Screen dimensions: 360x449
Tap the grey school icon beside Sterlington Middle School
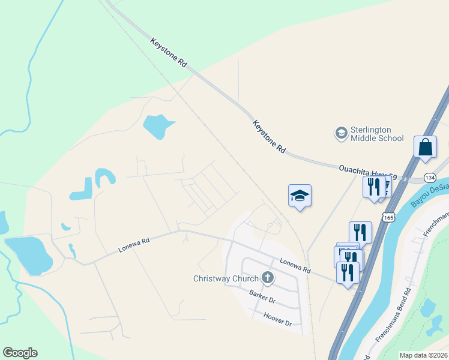coord(342,133)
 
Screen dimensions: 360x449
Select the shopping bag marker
coord(425,147)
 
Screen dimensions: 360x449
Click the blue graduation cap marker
coord(300,196)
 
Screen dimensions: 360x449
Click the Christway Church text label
coord(226,278)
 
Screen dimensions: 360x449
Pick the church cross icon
coord(268,278)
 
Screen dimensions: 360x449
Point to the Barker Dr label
coord(262,296)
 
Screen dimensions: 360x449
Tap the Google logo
coord(20,353)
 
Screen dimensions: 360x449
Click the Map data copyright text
coord(423,355)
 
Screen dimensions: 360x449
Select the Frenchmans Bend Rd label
coord(393,315)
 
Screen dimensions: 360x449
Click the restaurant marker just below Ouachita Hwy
coord(373,186)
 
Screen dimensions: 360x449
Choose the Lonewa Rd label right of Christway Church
coord(295,266)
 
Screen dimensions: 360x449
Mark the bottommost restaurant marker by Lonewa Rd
coord(348,272)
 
